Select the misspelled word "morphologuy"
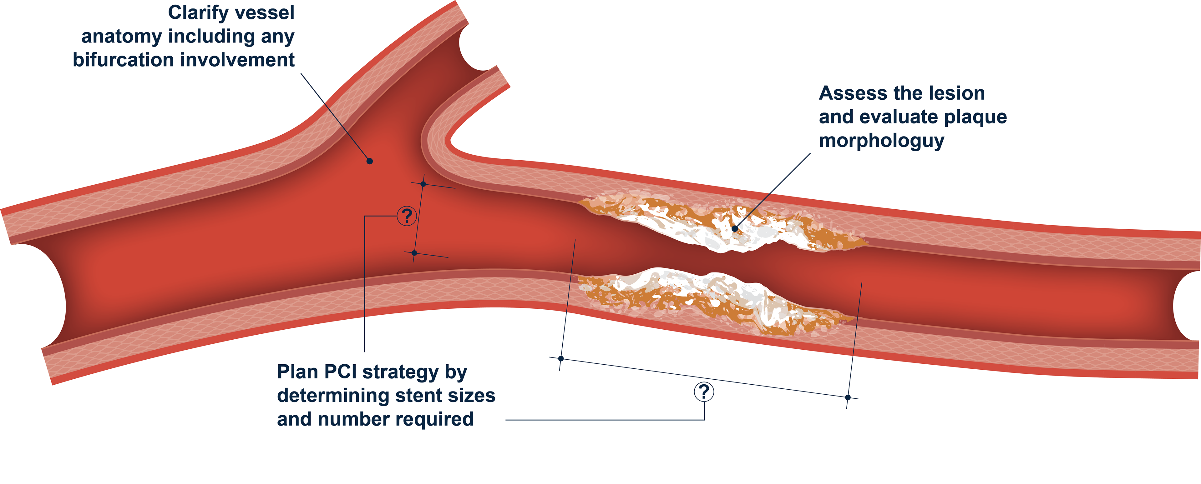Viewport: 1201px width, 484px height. tap(881, 141)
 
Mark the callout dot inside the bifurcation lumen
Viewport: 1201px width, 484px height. tap(369, 161)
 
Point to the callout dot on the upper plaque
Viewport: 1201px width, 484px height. tap(735, 228)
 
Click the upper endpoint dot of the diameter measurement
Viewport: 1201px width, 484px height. tap(423, 184)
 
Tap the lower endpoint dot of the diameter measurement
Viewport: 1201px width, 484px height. tap(414, 253)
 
